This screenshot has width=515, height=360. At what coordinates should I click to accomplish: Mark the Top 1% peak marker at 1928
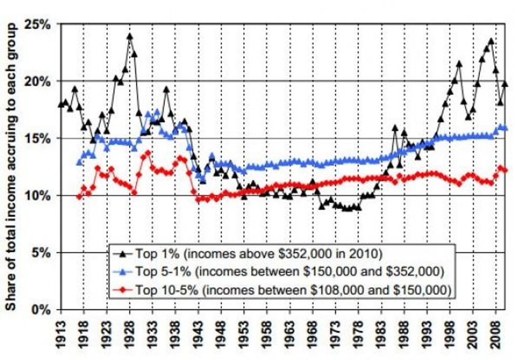tap(129, 37)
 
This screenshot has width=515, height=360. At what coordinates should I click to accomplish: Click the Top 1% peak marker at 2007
tap(491, 41)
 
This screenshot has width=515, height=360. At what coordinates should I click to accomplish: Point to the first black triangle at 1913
tap(61, 104)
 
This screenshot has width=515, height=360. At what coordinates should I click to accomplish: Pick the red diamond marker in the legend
tap(123, 290)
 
